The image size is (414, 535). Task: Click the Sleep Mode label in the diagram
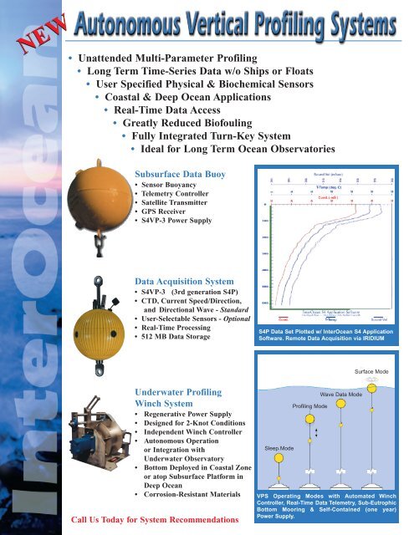point(279,450)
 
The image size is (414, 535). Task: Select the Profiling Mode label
point(309,405)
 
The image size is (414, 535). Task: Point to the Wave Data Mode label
point(340,393)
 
